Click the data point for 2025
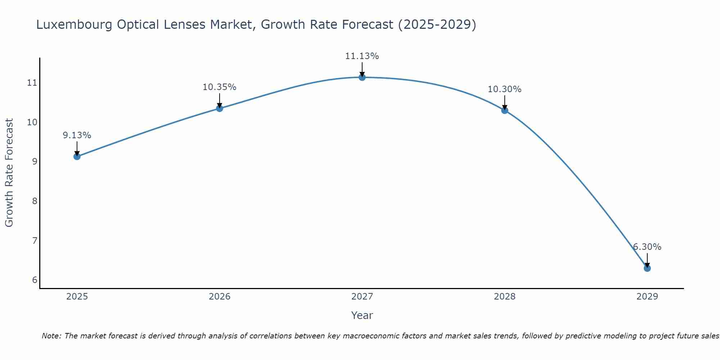(x=77, y=156)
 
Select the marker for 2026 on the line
(x=219, y=108)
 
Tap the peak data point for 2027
(x=362, y=77)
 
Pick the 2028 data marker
(x=504, y=110)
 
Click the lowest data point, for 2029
(x=647, y=268)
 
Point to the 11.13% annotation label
(x=362, y=56)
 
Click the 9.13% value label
(x=77, y=135)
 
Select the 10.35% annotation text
(x=219, y=87)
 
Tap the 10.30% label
(x=504, y=89)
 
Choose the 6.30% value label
(x=647, y=247)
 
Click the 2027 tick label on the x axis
(x=362, y=297)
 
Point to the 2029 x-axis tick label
(x=647, y=297)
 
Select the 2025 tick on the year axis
(x=77, y=297)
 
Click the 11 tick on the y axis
(x=32, y=83)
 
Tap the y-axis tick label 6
(x=35, y=280)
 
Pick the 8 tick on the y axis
(x=35, y=201)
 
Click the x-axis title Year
(x=362, y=315)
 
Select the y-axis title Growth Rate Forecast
(x=9, y=173)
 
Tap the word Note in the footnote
(x=51, y=336)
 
